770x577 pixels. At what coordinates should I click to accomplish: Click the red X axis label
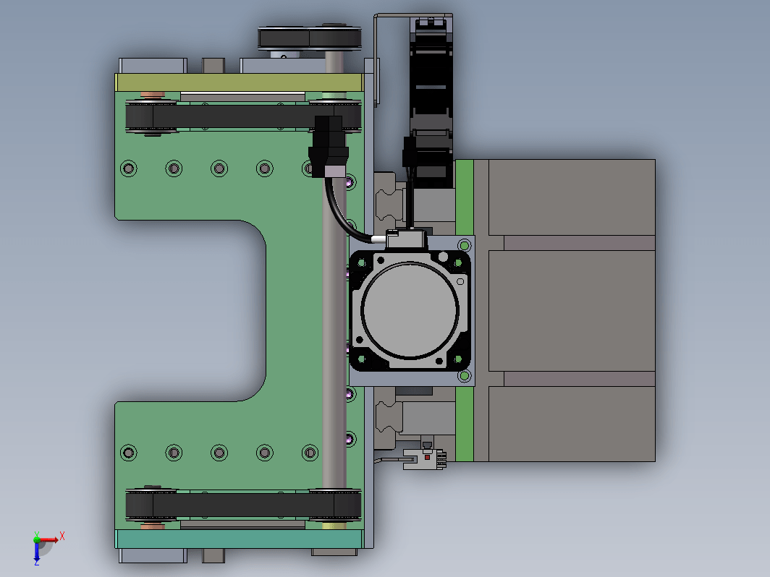pos(62,536)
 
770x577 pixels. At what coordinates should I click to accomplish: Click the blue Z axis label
pos(36,563)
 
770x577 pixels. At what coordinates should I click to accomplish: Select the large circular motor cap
pos(410,310)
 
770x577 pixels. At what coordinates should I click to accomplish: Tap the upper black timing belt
pos(243,116)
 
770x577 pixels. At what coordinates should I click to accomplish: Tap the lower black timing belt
pos(243,505)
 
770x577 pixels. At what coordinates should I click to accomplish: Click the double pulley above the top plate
pos(310,38)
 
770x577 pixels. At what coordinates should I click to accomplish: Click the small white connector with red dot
pos(426,457)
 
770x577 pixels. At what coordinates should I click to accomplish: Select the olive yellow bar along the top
pos(239,82)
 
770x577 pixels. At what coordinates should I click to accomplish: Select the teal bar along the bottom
pos(239,539)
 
